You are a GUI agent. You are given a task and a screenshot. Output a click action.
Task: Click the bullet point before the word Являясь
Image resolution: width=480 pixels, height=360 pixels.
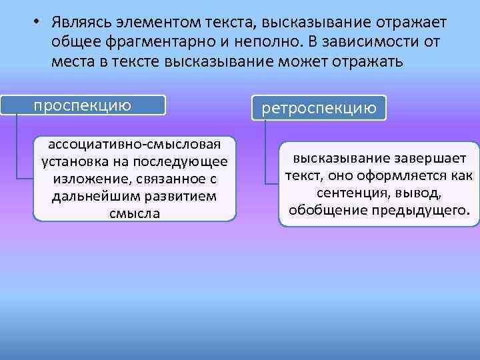click(39, 22)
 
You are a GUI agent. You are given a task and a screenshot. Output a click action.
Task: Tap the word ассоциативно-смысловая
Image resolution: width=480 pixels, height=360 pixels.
click(133, 146)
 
